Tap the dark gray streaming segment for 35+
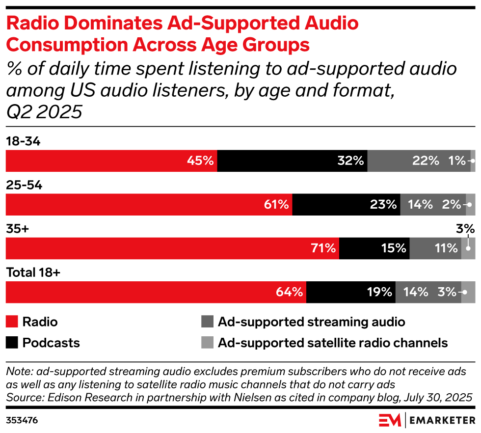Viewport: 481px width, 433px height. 427,248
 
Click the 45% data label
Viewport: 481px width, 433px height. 200,161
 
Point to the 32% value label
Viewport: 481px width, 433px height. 350,161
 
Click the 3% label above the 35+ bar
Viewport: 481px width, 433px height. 465,229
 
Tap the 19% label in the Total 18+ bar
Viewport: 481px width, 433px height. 378,292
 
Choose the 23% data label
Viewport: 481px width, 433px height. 383,205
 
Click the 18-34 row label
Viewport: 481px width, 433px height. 23,141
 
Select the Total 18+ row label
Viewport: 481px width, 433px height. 33,273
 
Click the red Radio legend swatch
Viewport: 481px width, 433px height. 12,322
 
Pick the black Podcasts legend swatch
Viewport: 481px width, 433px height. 12,342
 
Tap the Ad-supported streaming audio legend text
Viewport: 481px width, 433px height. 311,322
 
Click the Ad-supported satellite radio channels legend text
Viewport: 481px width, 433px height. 332,342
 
